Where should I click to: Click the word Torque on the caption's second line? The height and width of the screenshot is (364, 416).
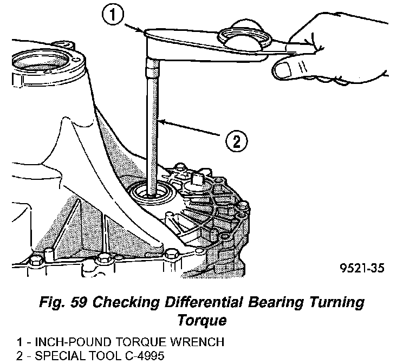(x=201, y=321)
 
